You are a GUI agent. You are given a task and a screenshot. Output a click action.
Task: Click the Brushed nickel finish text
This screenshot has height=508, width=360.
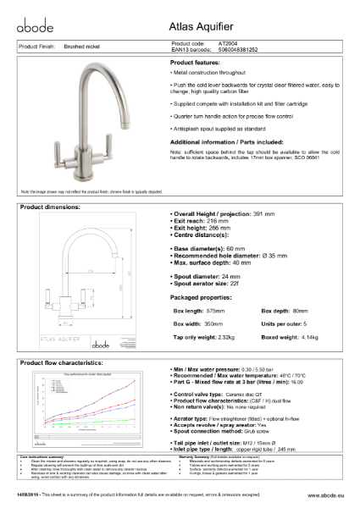(83, 47)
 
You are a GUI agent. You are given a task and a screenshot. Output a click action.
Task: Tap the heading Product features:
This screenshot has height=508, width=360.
(199, 63)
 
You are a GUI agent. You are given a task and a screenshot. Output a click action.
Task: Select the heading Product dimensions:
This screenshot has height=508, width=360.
(52, 207)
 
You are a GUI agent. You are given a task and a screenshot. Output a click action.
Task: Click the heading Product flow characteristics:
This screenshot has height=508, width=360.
(63, 362)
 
